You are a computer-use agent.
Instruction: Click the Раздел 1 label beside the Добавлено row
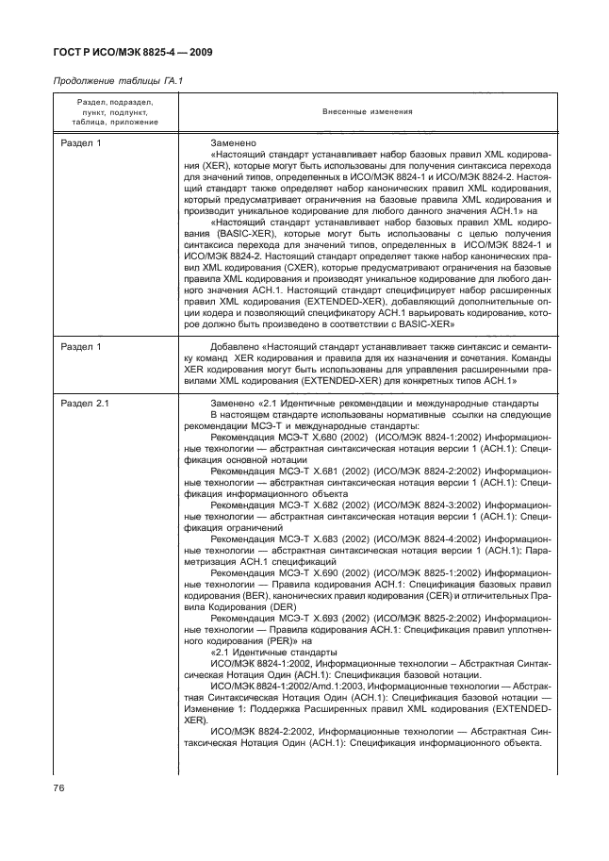click(80, 347)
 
